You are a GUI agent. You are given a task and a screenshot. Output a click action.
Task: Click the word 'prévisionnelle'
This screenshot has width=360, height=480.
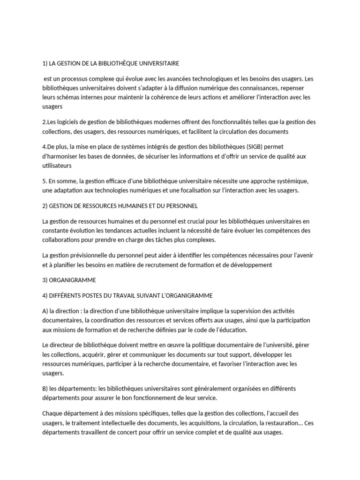coord(90,255)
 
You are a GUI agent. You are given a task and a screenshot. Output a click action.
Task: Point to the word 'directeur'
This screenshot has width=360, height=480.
coord(64,345)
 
